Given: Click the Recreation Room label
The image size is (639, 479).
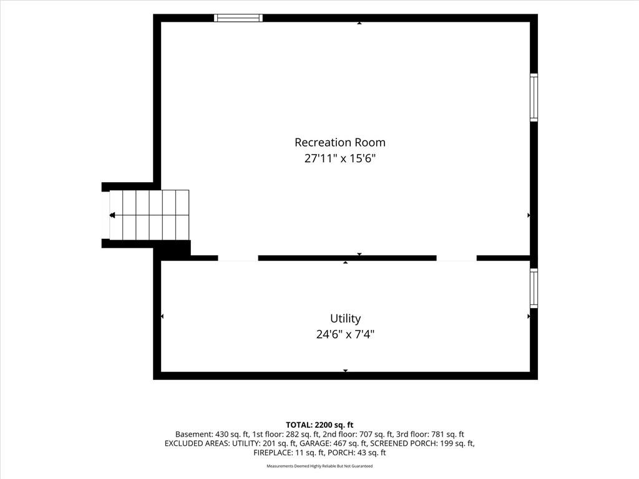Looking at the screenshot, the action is [340, 142].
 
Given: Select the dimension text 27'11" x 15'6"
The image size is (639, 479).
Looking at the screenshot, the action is [339, 158].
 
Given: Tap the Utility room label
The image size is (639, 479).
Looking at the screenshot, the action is [345, 319].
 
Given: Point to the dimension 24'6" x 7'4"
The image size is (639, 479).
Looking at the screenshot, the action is [345, 334].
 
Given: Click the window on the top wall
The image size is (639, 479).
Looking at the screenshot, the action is [238, 18].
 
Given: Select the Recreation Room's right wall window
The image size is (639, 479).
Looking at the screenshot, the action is [534, 97].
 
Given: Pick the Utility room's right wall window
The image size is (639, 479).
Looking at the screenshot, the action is [534, 288].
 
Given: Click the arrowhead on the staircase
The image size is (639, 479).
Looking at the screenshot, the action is [112, 215].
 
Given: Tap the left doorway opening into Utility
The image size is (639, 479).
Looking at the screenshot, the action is [238, 258].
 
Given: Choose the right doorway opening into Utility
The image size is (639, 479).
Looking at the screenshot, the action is [456, 258].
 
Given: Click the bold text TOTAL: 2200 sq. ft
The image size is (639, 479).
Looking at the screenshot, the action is [319, 425].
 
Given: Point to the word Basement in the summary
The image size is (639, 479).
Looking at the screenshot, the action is [193, 434].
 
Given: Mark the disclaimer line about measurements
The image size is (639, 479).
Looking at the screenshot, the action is [319, 466].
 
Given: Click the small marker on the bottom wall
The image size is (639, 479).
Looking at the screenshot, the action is [346, 370].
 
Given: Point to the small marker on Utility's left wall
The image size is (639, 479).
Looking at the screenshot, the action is [162, 316].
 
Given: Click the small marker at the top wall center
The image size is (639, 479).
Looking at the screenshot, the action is [359, 23].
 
